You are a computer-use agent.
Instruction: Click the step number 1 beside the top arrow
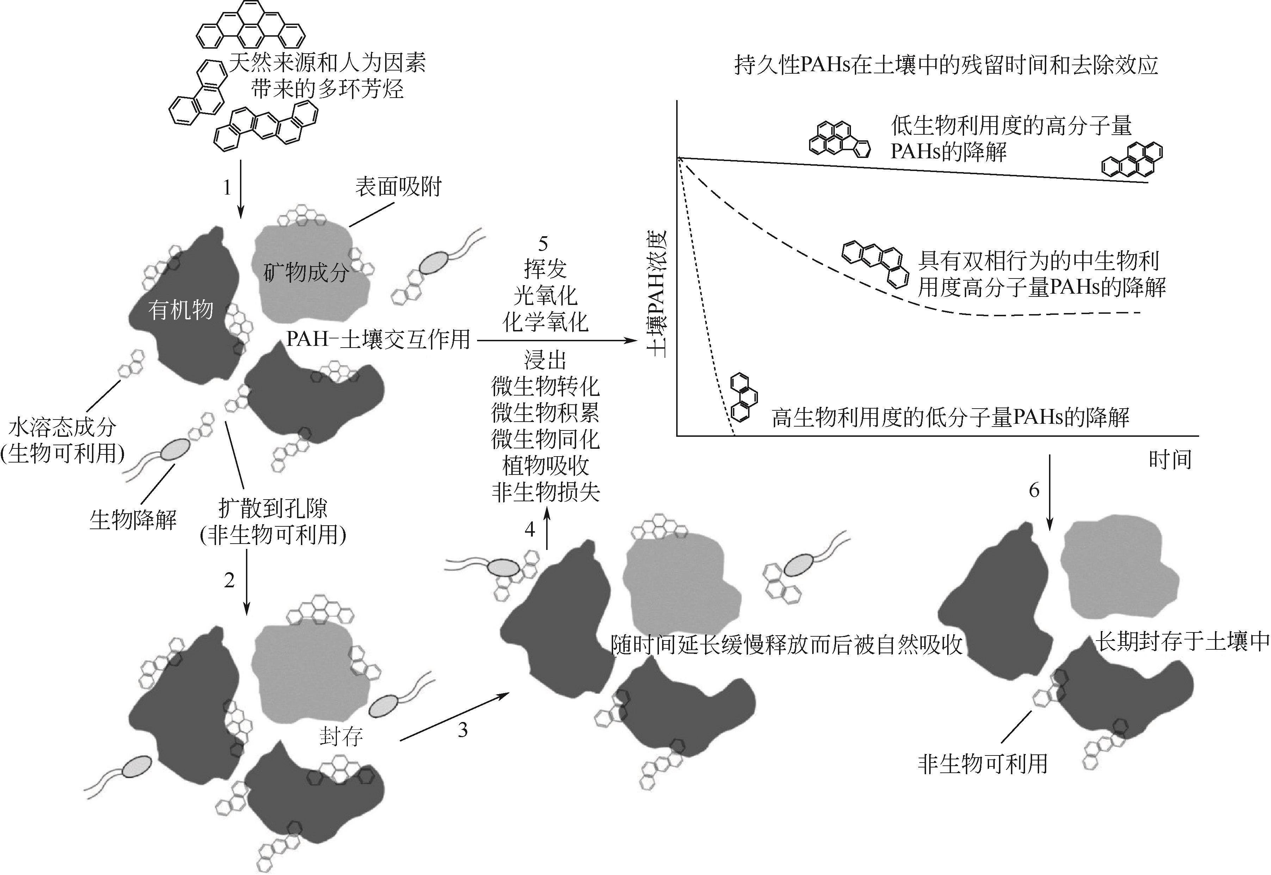(227, 188)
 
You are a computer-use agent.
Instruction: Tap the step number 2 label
(229, 580)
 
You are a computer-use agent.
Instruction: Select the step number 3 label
(463, 730)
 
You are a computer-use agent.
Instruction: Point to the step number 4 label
(530, 530)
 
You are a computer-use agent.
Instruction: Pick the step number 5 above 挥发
(543, 243)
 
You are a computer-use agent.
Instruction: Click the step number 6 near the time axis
(1034, 490)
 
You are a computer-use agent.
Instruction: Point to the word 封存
(341, 737)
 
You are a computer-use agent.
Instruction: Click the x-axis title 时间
(1170, 459)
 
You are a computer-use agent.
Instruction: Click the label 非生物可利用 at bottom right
(983, 764)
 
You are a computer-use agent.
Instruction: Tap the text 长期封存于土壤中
(1182, 642)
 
